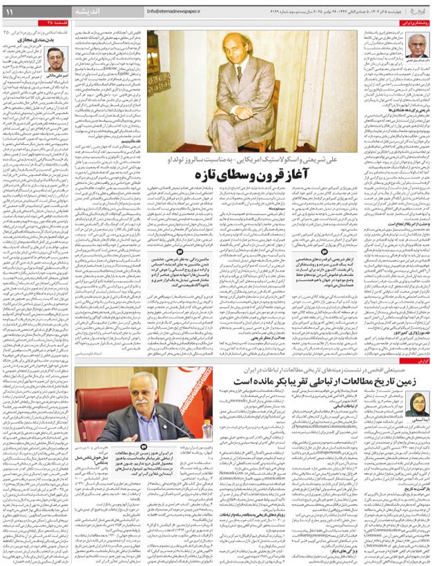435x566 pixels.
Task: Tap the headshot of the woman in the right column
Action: click(418, 402)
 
